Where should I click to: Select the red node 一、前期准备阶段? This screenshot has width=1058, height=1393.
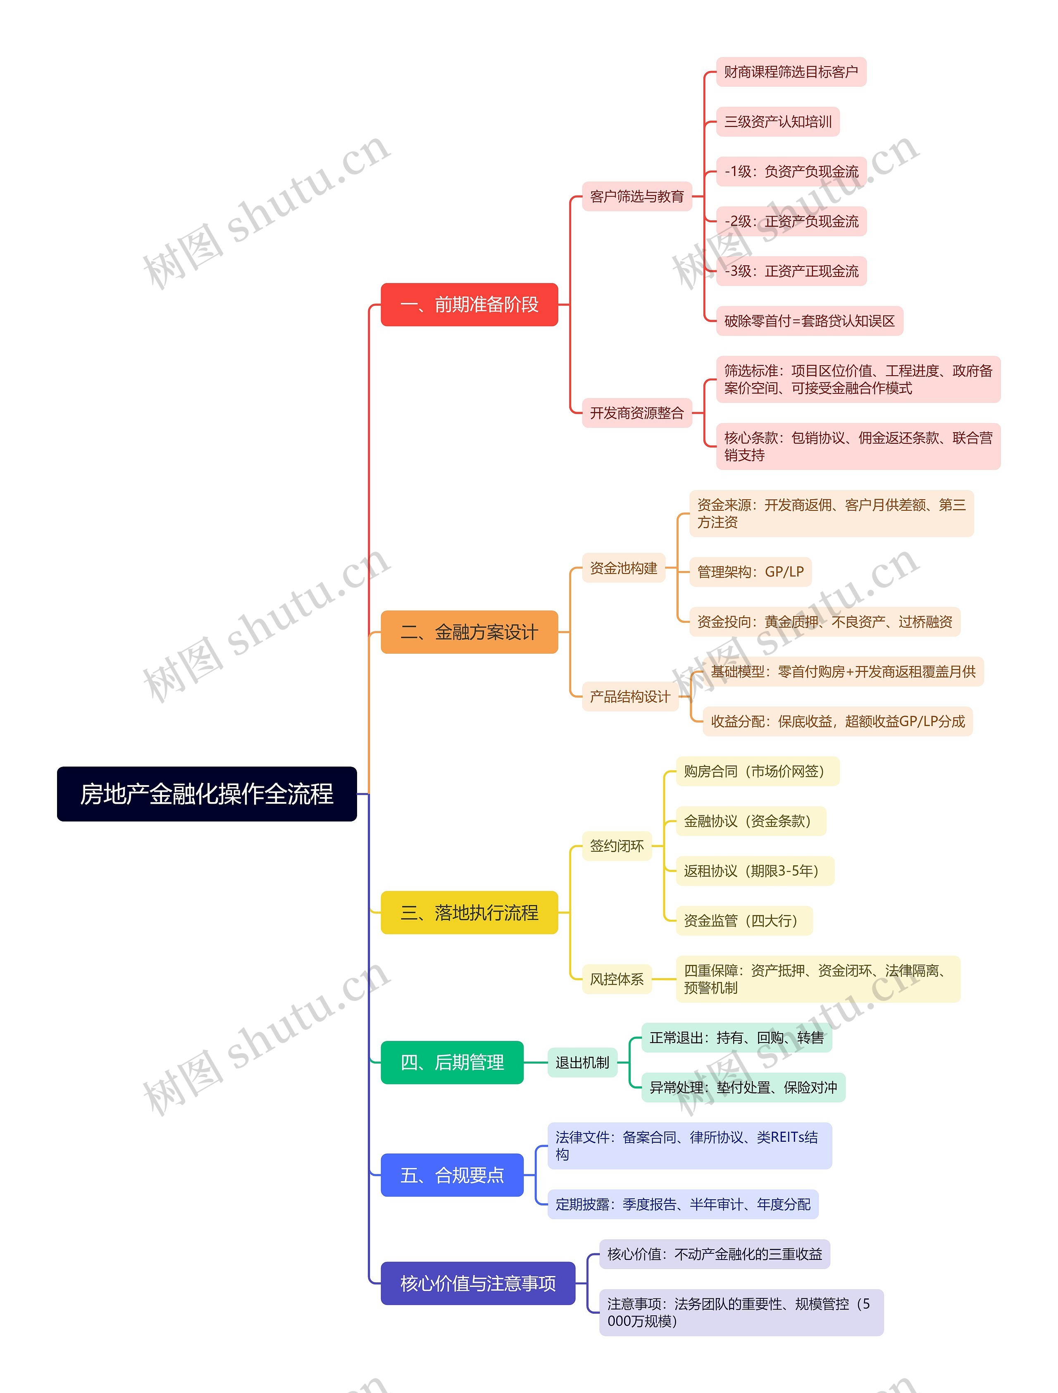(x=469, y=305)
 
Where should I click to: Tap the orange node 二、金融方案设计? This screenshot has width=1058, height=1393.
(x=469, y=632)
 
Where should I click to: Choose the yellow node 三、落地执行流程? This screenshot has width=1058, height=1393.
(x=469, y=912)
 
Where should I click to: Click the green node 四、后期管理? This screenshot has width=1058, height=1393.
(x=452, y=1062)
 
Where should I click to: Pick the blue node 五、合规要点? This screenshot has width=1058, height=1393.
(x=452, y=1175)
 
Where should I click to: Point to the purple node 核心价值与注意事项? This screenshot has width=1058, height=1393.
(x=478, y=1283)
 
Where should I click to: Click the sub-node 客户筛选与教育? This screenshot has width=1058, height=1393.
(x=637, y=196)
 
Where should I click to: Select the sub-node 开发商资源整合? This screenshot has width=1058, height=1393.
(x=637, y=413)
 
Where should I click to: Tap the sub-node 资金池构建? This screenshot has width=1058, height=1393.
(x=624, y=568)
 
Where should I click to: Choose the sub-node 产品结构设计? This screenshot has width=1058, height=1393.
(x=630, y=697)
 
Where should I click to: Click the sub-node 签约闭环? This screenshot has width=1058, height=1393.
(x=617, y=846)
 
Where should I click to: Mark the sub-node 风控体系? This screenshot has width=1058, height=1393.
(x=617, y=979)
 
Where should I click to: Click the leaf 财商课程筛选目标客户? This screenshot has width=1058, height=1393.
(x=791, y=72)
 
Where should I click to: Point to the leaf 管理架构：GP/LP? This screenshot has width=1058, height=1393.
(x=750, y=572)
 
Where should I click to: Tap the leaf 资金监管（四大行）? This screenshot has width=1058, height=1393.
(x=744, y=921)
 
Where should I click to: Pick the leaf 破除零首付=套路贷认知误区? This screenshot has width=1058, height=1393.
(x=809, y=321)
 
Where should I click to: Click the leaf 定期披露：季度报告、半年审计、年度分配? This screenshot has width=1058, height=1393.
(x=683, y=1204)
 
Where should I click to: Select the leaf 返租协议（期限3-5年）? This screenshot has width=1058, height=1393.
(x=755, y=871)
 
